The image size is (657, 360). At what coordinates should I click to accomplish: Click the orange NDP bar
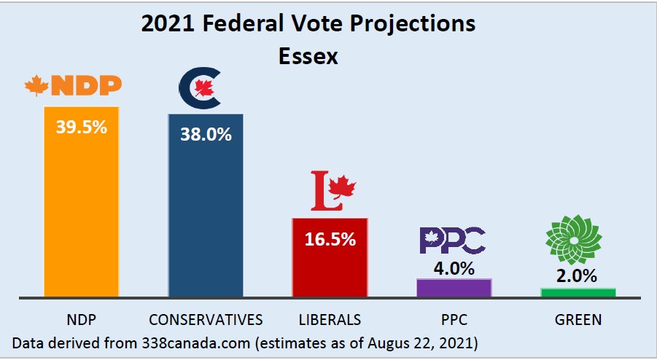(x=81, y=211)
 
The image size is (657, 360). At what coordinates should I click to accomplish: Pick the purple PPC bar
(x=454, y=287)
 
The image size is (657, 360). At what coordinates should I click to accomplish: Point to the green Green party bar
(x=578, y=292)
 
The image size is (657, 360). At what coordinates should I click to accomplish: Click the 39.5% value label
(x=81, y=126)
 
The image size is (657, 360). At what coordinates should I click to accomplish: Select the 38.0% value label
(x=206, y=134)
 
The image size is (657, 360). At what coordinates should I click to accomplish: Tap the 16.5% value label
(x=330, y=238)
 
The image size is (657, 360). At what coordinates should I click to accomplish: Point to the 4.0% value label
(x=454, y=267)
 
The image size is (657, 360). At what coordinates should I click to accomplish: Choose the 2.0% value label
(x=578, y=275)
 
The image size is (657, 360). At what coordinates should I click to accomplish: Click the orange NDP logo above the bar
(x=73, y=85)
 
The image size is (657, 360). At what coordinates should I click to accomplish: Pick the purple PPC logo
(x=452, y=240)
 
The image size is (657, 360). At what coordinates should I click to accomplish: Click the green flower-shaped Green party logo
(x=575, y=240)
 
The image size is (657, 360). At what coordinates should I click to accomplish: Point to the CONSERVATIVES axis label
(x=206, y=319)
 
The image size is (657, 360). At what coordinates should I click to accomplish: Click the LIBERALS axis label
(x=330, y=319)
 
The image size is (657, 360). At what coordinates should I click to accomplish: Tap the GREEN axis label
(x=577, y=319)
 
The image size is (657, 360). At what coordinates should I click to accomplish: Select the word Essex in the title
(x=308, y=56)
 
